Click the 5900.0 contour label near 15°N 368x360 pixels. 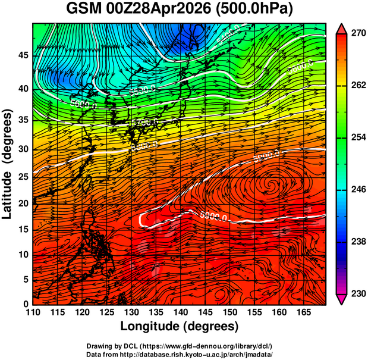tap(213, 216)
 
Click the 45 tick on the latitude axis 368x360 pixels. tap(22, 56)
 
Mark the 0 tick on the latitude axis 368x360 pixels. tap(25, 303)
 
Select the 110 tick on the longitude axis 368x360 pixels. tap(33, 312)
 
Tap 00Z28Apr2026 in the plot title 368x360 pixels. tap(168, 10)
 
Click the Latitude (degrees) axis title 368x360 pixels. tap(8, 164)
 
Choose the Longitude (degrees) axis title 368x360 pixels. tap(180, 326)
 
